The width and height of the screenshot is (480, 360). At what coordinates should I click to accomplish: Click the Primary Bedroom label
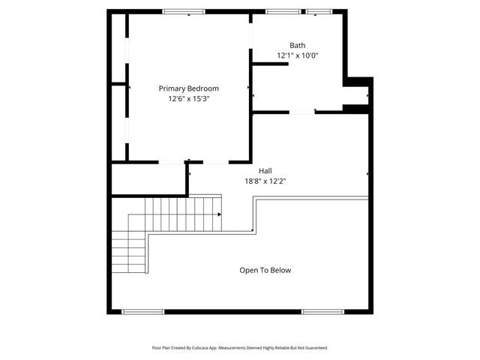point(188,88)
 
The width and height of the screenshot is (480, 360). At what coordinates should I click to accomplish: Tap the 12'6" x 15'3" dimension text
point(188,98)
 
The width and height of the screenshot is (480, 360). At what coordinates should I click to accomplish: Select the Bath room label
point(298,46)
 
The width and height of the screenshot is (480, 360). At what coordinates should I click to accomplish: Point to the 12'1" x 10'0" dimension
point(298,55)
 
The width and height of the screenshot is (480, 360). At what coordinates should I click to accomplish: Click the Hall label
point(265,171)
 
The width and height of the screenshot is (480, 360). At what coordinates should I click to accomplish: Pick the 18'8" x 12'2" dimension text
point(265,181)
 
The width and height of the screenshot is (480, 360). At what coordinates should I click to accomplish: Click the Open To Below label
point(265,270)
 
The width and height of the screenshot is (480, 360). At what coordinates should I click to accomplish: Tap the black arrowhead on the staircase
point(219,214)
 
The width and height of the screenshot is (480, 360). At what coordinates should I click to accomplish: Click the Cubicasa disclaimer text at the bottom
point(240,348)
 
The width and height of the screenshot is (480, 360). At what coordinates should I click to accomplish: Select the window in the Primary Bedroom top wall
point(184,11)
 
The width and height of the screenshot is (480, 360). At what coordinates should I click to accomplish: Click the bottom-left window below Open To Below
point(142,311)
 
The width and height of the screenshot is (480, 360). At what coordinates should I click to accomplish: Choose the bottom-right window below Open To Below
point(322,311)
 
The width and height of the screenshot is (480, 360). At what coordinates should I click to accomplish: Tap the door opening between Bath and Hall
point(302,112)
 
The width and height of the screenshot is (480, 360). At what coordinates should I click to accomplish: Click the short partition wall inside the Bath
point(270,64)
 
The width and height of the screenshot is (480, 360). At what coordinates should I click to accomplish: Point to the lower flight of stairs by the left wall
point(128,253)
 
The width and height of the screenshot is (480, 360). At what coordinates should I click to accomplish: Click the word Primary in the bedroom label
point(172,88)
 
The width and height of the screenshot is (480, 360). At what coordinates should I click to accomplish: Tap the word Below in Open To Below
point(280,270)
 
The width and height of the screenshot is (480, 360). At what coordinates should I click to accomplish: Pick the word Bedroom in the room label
point(202,88)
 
